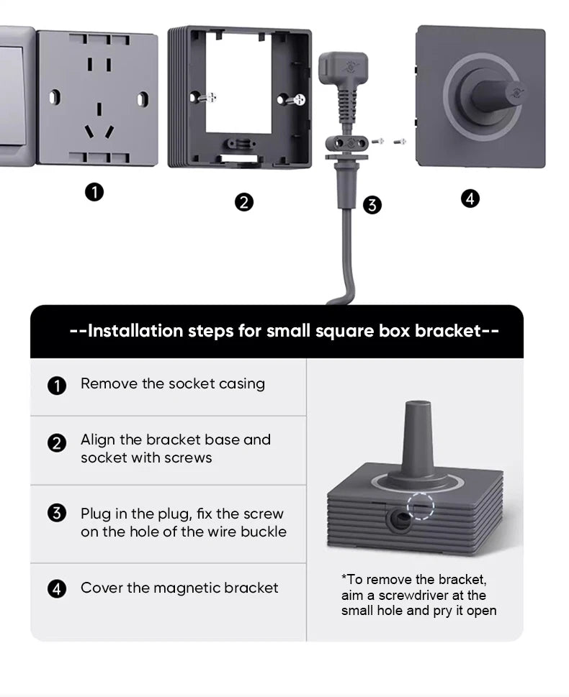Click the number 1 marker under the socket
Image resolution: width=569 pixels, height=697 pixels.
[x=94, y=193]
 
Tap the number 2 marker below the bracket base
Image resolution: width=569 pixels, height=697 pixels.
[x=244, y=202]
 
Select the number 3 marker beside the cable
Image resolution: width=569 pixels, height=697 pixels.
[x=372, y=205]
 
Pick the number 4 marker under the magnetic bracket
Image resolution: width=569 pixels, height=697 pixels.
[x=470, y=199]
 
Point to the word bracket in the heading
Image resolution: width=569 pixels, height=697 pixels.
[x=448, y=331]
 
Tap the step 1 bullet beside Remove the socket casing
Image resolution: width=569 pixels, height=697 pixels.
[x=57, y=386]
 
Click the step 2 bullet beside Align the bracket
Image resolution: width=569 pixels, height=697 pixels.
[x=57, y=443]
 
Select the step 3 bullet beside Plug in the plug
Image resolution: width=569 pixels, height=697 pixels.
[x=57, y=513]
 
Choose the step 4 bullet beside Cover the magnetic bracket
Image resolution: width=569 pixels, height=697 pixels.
[x=57, y=589]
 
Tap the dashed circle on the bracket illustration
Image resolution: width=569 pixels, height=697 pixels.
[x=421, y=506]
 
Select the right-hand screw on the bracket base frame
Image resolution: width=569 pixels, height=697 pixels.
[x=298, y=99]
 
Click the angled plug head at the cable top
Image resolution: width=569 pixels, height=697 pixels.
[x=344, y=67]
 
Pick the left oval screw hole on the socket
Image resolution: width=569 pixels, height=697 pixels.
[x=54, y=97]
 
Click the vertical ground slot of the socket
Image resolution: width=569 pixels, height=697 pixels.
[x=99, y=109]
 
